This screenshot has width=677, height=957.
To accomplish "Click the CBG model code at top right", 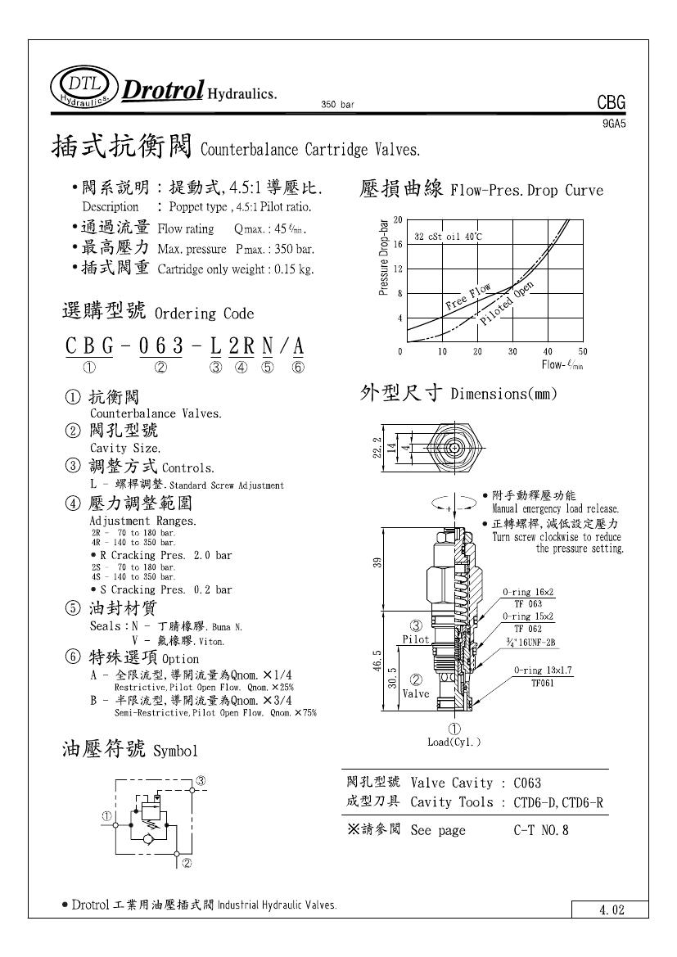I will pos(612,103).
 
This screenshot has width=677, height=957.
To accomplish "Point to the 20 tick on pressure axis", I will pos(398,220).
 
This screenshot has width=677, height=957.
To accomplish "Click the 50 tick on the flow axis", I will pos(582,352).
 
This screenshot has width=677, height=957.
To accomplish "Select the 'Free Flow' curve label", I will pos(468,297).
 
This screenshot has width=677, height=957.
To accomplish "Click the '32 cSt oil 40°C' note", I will pos(448,237).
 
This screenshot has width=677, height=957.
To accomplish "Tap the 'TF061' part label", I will pos(543,681).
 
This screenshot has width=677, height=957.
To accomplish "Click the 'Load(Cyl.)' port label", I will pos(454,743).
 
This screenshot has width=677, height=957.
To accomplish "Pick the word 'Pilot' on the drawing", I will pos(415,639).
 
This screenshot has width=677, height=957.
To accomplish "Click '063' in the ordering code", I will pos(161,346).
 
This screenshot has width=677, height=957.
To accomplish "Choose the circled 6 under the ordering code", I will pos(298,368).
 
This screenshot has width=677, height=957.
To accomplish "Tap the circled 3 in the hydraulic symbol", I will pos(200,781).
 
